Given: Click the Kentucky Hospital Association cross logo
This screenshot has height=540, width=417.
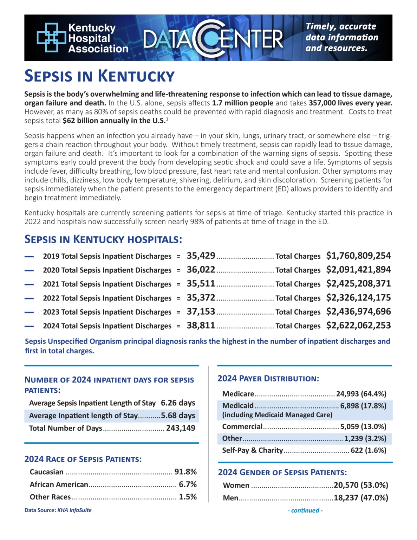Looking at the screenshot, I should (51, 37).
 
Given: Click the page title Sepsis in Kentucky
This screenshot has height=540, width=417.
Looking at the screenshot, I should (99, 76).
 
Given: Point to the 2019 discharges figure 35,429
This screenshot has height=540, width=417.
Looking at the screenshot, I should (201, 256).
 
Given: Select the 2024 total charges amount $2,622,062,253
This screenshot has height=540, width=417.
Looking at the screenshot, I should (358, 325).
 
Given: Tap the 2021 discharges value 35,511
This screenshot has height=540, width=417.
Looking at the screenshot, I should (201, 283).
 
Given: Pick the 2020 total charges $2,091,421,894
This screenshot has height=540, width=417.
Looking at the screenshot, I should (358, 270).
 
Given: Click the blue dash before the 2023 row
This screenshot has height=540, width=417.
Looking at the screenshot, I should (29, 312).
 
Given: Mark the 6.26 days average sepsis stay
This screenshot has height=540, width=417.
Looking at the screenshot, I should (178, 403).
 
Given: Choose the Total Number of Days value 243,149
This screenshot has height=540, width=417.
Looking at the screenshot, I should (181, 428).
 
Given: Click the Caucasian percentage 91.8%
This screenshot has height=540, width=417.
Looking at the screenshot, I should (185, 472).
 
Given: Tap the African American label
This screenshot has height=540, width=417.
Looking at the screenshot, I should (59, 484).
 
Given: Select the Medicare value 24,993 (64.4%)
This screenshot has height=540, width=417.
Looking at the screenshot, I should (361, 394).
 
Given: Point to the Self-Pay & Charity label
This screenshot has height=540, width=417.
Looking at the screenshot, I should (252, 450).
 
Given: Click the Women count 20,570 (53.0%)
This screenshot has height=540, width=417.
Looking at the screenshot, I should (361, 485).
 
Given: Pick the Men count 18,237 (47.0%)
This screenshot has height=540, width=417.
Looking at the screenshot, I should (361, 498).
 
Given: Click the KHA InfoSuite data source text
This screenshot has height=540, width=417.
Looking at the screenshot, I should (74, 510).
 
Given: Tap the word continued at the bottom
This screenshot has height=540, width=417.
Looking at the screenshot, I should (305, 510).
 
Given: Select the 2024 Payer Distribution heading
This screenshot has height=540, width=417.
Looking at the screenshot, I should (268, 379).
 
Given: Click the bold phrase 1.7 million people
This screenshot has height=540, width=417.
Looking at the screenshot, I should (242, 103).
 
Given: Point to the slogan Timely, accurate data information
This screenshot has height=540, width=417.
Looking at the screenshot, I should (341, 37).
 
